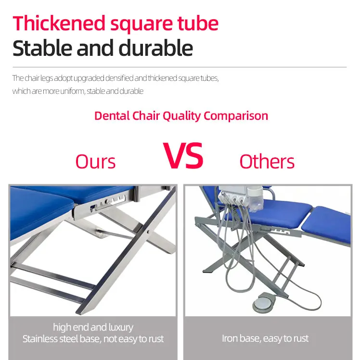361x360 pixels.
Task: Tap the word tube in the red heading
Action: (x=198, y=23)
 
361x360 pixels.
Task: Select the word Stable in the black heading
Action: (x=42, y=48)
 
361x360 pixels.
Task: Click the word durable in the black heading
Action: (x=156, y=48)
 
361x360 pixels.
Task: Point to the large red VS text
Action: (x=183, y=155)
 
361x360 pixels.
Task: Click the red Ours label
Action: (x=95, y=162)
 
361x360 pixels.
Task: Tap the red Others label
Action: (x=267, y=161)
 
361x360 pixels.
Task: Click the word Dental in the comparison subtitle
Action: (x=112, y=116)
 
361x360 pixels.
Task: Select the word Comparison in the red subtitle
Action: (x=236, y=116)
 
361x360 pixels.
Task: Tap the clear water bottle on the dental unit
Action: (x=255, y=199)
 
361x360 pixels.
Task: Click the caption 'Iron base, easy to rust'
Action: (x=265, y=338)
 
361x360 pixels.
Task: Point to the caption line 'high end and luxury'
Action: (x=93, y=327)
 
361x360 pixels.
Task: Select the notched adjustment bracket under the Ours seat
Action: (x=108, y=202)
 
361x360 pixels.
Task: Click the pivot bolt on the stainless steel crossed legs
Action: (x=148, y=232)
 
